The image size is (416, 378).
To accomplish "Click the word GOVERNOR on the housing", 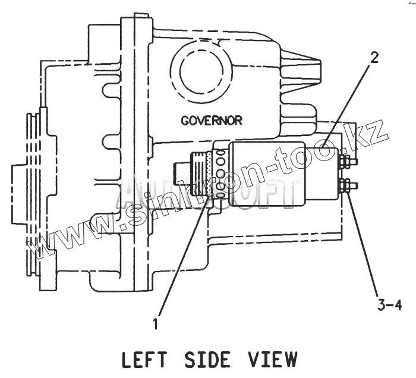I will point(212,120).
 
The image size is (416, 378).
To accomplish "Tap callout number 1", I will point(156,324).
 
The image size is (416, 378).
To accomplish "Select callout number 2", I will point(374,58).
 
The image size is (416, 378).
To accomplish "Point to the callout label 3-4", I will point(389,305).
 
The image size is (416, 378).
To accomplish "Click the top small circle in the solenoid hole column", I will point(220,153).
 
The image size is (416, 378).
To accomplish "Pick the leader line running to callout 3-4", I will point(364,244).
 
